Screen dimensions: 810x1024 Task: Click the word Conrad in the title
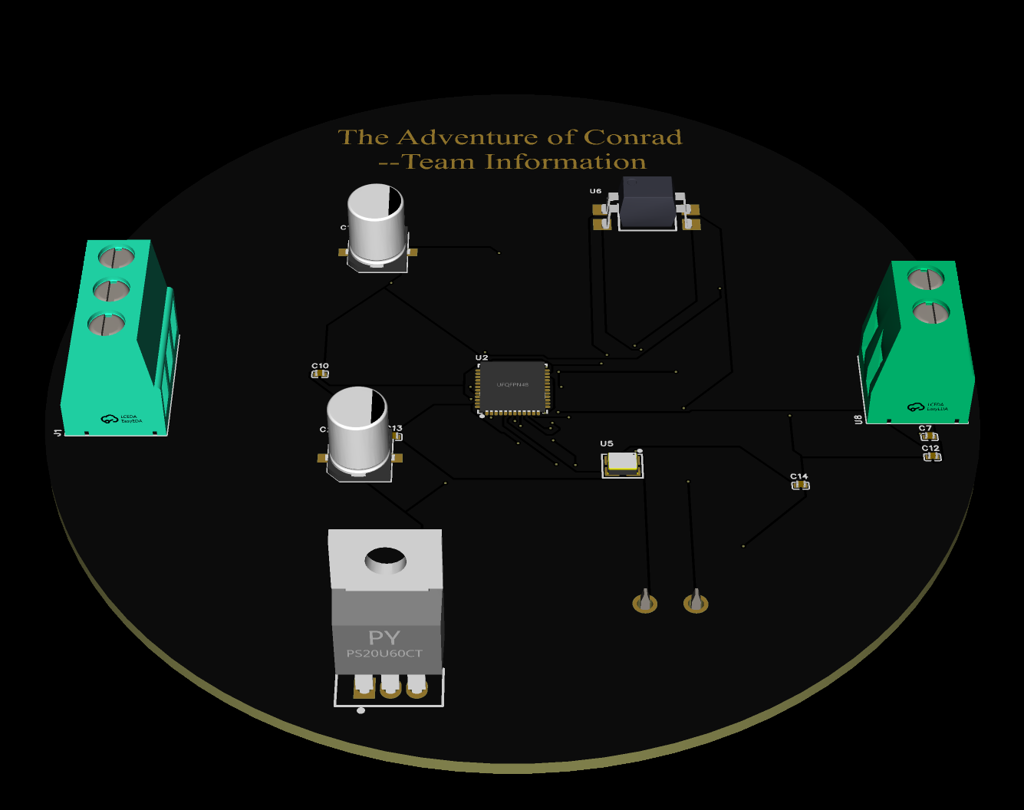(x=632, y=137)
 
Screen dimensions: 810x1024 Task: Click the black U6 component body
(x=647, y=203)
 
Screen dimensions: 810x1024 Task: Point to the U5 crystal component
(x=622, y=463)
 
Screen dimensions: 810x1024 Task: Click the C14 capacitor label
(x=798, y=476)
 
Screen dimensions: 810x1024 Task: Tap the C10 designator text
(x=320, y=366)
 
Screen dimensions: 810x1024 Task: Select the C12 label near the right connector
(x=930, y=448)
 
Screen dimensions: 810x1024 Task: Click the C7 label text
(x=925, y=428)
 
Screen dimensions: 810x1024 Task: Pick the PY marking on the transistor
(x=384, y=637)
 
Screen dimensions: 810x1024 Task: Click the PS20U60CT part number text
(x=384, y=654)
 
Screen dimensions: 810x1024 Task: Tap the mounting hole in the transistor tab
(x=385, y=560)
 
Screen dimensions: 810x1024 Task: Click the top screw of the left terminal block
(x=117, y=255)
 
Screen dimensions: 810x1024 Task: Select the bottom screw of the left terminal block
(x=107, y=324)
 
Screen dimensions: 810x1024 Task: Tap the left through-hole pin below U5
(x=645, y=602)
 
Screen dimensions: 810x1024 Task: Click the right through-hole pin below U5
(x=696, y=602)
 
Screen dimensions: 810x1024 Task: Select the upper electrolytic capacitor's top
(x=375, y=202)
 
